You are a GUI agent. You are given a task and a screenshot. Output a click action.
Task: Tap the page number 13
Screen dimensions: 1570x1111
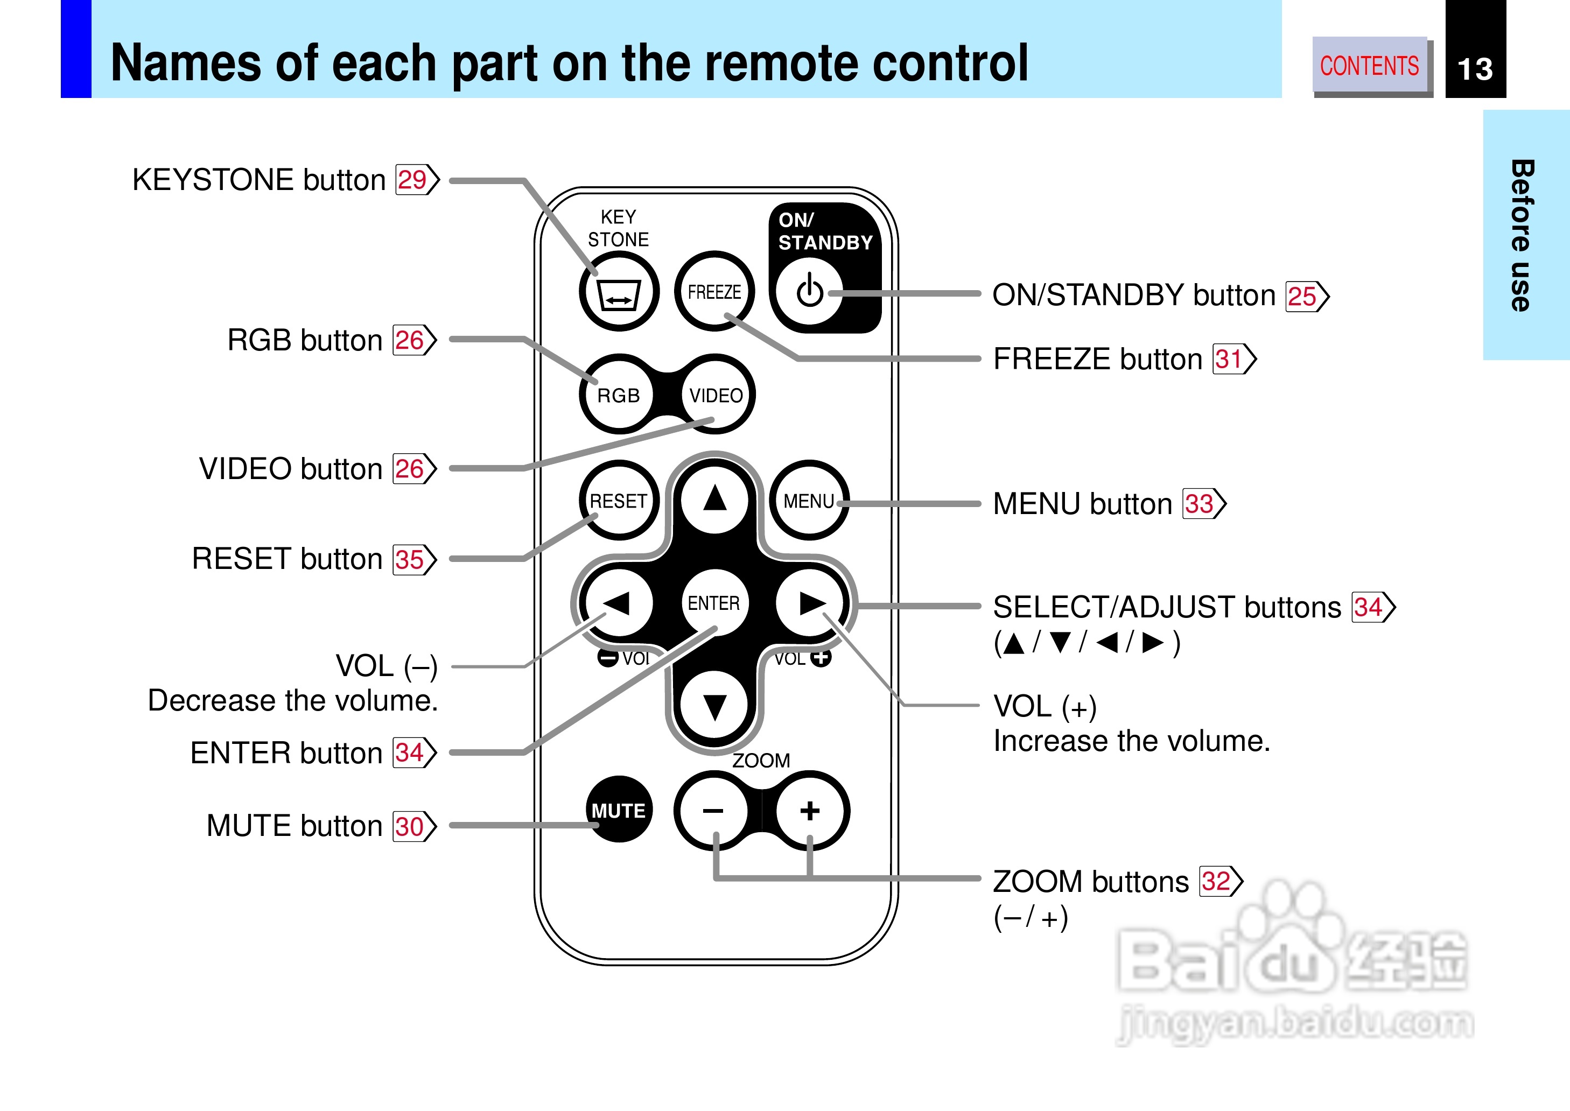[1475, 69]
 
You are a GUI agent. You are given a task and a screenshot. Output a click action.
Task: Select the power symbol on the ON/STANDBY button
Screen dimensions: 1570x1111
[809, 291]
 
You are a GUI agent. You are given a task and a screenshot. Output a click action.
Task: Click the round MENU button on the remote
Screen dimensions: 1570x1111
[809, 500]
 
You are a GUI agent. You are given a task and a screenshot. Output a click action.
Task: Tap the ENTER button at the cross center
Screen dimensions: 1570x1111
[714, 603]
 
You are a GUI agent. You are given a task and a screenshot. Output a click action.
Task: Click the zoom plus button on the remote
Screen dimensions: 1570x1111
[810, 811]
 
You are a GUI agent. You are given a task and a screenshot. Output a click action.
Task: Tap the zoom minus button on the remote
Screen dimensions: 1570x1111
[713, 811]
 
